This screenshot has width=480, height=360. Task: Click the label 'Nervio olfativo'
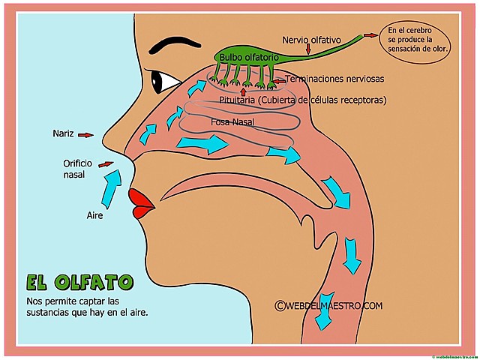pos(311,38)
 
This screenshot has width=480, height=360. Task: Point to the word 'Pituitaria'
pos(239,100)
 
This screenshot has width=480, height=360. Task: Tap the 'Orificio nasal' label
pos(79,169)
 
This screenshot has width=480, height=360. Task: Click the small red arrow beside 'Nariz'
pos(86,135)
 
